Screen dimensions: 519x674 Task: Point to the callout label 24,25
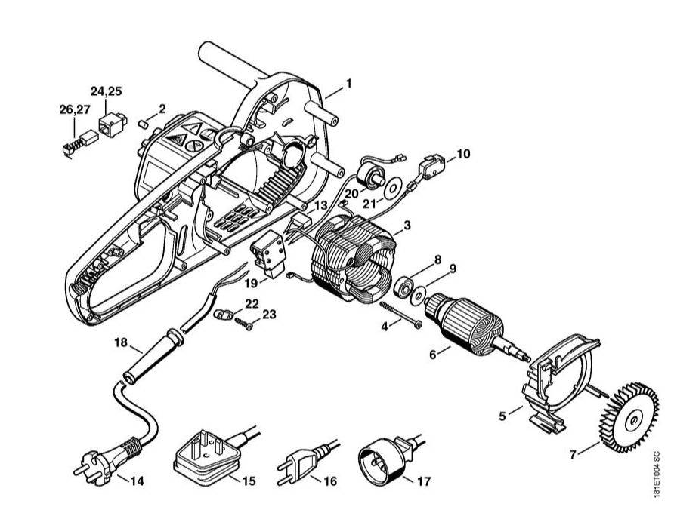point(106,91)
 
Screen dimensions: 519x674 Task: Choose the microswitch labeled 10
point(428,164)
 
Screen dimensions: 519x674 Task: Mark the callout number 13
point(322,206)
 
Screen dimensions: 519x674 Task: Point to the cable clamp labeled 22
point(223,313)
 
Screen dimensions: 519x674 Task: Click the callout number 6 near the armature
point(433,353)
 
